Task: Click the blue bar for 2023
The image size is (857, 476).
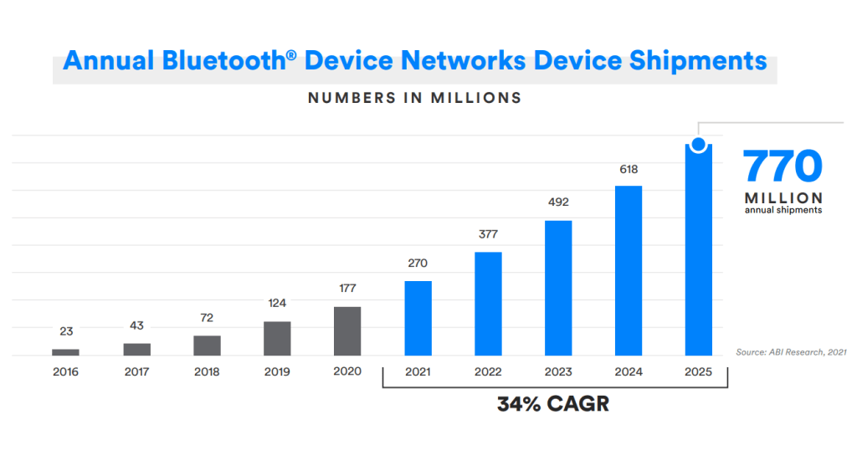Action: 558,288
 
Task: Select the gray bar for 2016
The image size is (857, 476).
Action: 65,352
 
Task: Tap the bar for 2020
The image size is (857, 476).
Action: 347,331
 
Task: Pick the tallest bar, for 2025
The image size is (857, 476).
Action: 698,251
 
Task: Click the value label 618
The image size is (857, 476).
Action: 628,170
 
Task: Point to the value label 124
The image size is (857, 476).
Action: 277,303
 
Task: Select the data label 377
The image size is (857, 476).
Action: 488,234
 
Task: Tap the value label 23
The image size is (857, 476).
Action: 65,331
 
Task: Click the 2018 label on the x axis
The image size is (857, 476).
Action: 206,371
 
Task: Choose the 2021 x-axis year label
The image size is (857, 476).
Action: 418,371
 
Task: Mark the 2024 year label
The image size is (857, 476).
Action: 629,371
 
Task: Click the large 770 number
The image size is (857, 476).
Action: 783,167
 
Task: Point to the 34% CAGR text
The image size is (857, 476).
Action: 553,405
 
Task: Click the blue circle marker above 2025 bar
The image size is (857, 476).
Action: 698,145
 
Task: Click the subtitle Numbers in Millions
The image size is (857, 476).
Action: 414,98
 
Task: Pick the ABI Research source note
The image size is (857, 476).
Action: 791,352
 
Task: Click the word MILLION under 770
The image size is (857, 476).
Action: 783,198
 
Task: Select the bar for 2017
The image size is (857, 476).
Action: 136,349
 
